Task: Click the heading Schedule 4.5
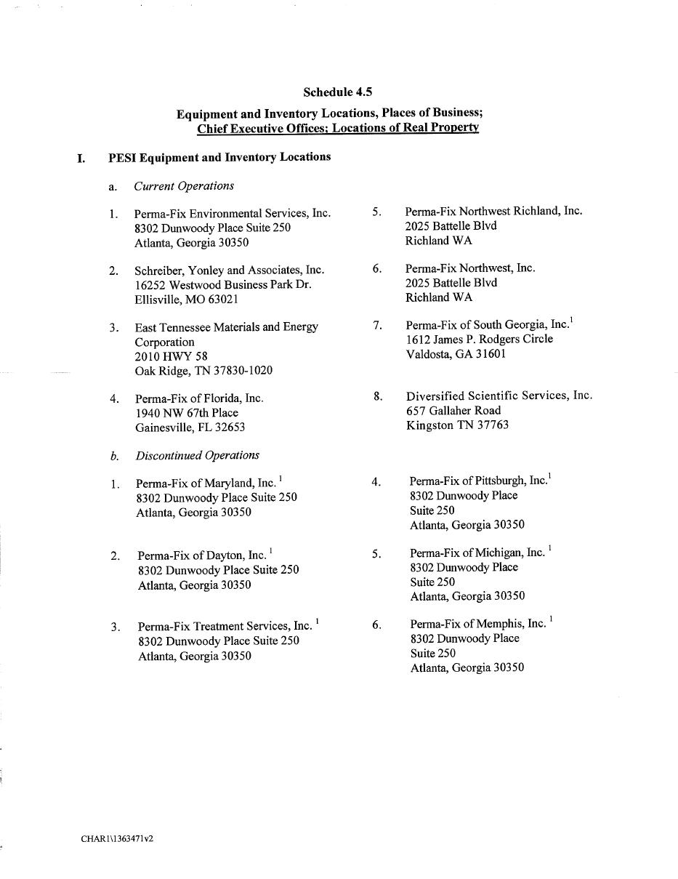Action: coord(337,92)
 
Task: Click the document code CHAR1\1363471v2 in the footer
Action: coord(117,838)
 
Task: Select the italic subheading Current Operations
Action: coord(184,186)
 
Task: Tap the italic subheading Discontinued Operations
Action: coord(197,455)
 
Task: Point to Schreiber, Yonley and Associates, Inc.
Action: coord(229,270)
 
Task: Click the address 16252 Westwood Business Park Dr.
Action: coord(222,284)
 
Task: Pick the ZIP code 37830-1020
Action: coord(243,371)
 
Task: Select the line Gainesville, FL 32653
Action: coord(190,428)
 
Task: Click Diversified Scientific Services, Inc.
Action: coord(499,396)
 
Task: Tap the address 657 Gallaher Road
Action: coord(453,411)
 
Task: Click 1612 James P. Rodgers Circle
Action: coord(479,339)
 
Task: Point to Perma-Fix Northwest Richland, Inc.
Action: coord(493,211)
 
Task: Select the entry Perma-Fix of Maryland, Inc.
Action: coord(206,483)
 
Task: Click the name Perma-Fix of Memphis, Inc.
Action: coord(477,624)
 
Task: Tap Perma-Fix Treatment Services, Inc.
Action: coord(225,626)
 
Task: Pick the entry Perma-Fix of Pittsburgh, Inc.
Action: coord(477,481)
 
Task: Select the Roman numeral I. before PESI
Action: coord(81,158)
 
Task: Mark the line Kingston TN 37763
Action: coord(457,425)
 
